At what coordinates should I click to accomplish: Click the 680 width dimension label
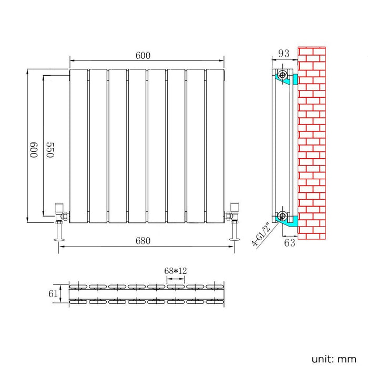[x=143, y=241]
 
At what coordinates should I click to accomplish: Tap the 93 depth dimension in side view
[x=284, y=53]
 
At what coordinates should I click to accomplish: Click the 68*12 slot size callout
[x=176, y=270]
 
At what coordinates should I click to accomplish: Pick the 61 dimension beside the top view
[x=53, y=294]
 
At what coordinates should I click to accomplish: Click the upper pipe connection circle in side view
[x=283, y=75]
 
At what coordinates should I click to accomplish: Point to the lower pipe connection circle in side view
[x=283, y=216]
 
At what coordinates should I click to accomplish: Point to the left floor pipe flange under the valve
[x=59, y=240]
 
